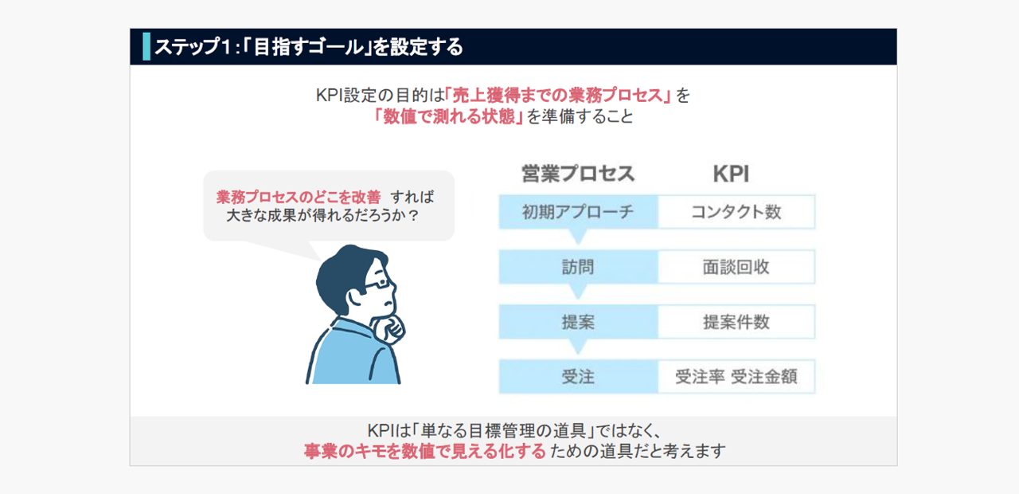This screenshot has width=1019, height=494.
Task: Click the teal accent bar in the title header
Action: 146,46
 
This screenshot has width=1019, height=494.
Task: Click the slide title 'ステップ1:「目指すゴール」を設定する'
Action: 309,47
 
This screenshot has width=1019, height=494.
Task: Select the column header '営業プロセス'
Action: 578,174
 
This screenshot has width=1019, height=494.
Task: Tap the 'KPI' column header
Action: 731,174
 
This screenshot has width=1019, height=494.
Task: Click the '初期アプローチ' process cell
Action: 578,212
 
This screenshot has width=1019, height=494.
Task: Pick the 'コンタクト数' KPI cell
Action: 736,212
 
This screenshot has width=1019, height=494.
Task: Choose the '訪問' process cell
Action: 578,267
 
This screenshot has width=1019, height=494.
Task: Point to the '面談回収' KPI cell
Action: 736,267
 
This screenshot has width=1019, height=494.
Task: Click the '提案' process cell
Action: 578,322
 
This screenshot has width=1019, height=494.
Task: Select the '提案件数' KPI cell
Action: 736,322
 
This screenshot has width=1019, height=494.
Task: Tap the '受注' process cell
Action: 578,377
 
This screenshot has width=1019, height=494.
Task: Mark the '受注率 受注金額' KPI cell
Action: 736,377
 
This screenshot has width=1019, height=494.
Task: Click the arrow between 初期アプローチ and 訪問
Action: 578,236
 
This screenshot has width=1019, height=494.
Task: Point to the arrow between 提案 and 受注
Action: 578,346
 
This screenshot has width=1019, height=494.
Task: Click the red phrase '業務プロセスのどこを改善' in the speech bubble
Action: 299,197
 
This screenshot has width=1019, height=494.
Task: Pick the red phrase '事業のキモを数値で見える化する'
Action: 425,451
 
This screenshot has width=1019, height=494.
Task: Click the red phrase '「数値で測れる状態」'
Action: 448,116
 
